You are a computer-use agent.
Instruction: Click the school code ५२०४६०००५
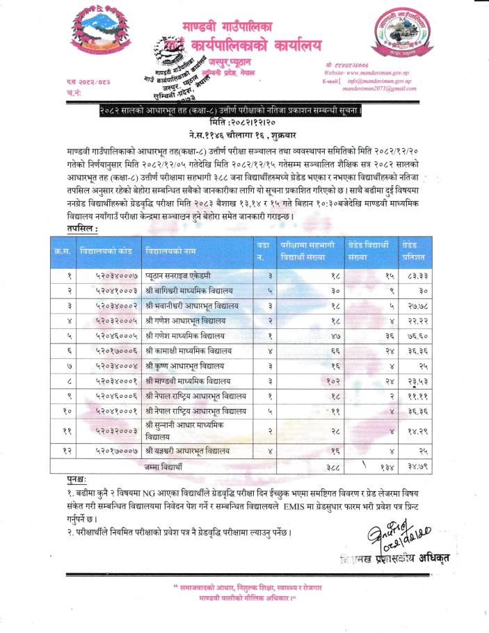[x=109, y=335]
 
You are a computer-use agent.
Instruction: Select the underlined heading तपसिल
[x=83, y=227]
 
